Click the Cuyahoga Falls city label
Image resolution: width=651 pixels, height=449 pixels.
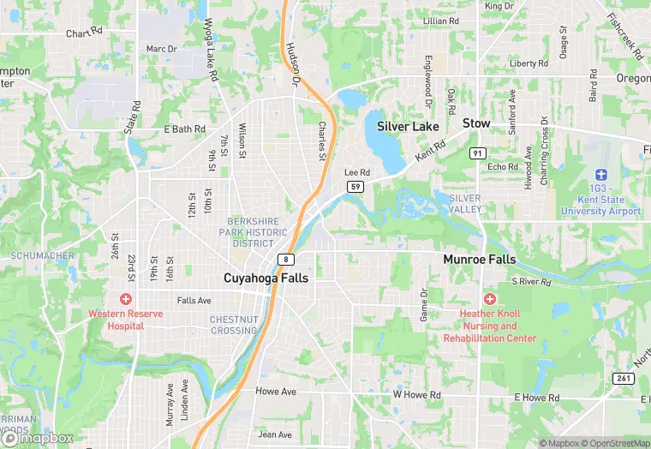(266, 278)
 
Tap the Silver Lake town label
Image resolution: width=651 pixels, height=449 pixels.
(408, 126)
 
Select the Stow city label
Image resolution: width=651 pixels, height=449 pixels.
(476, 123)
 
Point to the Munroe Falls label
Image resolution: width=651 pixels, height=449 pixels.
(479, 259)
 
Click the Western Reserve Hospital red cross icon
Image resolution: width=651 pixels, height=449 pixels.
(126, 299)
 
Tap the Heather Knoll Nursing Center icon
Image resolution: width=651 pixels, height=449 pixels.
(490, 299)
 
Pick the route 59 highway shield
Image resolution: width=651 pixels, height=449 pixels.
(354, 186)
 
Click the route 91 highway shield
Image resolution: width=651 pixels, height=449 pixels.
(477, 153)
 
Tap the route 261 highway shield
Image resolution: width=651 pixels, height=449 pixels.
(623, 378)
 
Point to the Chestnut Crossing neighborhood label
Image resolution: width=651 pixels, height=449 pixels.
(234, 326)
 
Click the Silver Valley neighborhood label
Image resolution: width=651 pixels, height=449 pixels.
(465, 204)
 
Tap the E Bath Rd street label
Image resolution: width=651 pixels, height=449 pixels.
(184, 129)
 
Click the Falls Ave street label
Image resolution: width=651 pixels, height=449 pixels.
(194, 301)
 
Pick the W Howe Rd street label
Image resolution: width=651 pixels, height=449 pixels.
(416, 395)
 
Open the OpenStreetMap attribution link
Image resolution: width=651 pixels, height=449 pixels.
(613, 443)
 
